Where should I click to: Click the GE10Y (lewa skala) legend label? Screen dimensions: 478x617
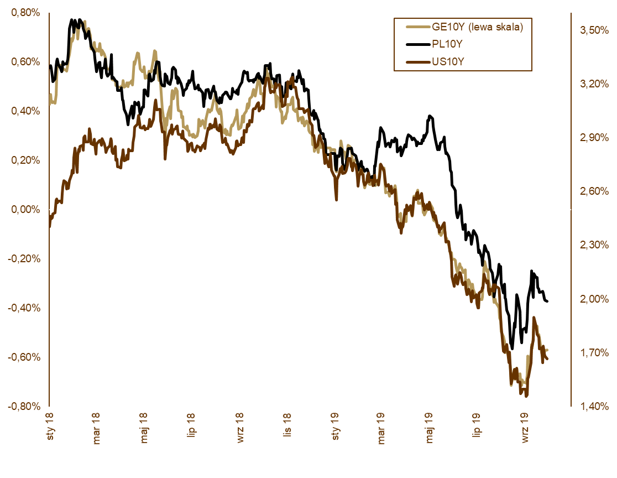[x=476, y=26]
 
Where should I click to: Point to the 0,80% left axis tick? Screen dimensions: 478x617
[x=25, y=13]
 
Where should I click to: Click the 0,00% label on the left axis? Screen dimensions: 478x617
[x=25, y=210]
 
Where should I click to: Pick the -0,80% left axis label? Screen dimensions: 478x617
[x=24, y=406]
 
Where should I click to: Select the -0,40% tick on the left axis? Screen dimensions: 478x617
[x=24, y=308]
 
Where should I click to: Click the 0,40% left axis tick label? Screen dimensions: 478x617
[x=25, y=111]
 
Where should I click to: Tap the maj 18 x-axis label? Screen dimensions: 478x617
[x=145, y=427]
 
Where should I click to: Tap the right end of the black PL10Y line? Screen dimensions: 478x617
[x=547, y=301]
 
